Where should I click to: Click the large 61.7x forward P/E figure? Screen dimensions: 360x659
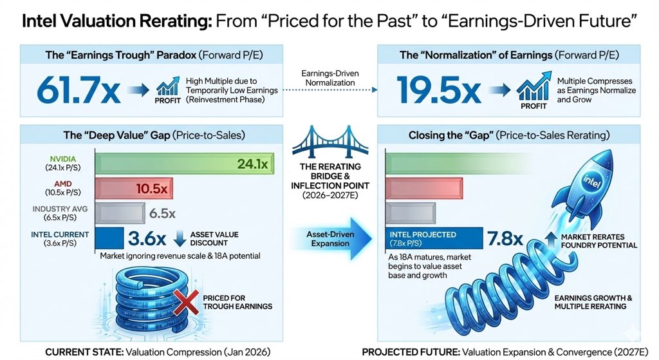[x=79, y=91]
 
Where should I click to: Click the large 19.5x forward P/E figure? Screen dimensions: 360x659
[x=440, y=91]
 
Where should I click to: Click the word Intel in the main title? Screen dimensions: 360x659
[x=41, y=21]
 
